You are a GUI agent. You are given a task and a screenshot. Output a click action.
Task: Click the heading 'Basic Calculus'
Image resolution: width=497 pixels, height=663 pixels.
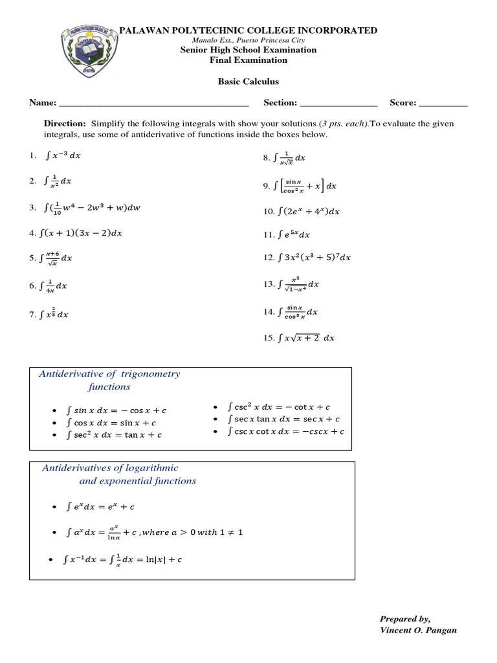(248, 82)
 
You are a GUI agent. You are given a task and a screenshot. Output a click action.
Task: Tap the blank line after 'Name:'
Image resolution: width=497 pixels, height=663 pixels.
(153, 104)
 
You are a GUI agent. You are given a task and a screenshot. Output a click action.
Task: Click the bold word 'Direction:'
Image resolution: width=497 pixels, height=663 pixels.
(65, 123)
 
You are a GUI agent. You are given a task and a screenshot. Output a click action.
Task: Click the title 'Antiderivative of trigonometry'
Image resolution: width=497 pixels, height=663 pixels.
(110, 374)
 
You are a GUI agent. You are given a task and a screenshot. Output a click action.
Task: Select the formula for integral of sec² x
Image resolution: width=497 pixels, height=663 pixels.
(114, 434)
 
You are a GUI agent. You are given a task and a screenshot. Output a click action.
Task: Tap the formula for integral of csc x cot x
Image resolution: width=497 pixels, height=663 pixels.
(286, 431)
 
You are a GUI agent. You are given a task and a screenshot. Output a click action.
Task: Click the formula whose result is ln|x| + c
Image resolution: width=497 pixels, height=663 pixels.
(124, 560)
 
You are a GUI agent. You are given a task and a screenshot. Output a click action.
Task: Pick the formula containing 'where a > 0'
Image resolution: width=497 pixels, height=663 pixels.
(155, 532)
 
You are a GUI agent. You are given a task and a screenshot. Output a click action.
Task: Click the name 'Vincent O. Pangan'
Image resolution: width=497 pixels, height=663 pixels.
(418, 630)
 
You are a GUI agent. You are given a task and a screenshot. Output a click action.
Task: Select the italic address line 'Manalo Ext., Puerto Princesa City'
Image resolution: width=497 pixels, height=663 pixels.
(248, 40)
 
